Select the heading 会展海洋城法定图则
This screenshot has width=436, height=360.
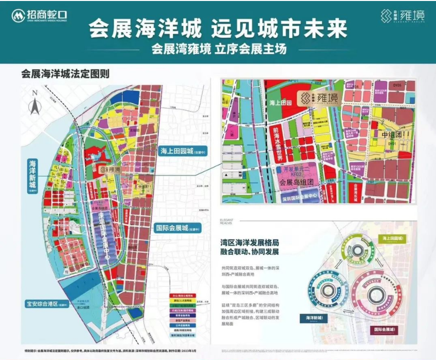coord(65,75)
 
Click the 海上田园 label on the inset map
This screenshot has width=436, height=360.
coord(280,103)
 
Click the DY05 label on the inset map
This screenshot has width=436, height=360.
coord(398,85)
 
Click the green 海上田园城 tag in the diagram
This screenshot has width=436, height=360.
coord(395,239)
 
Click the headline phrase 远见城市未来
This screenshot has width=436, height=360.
coord(279,30)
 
